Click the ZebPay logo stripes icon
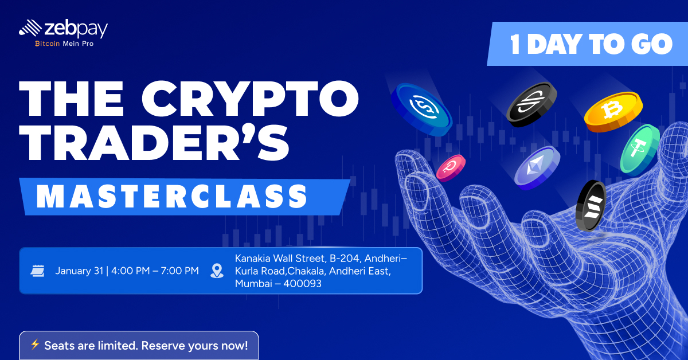click(30, 28)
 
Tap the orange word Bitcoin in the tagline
click(47, 44)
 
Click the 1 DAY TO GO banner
click(587, 44)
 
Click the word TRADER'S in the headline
click(154, 142)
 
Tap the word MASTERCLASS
click(171, 197)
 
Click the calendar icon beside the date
click(37, 271)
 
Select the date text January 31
click(79, 271)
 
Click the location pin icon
click(217, 271)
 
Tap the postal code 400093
click(303, 284)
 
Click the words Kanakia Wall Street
click(280, 259)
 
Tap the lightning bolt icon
click(35, 345)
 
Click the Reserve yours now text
click(194, 346)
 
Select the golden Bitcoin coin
click(613, 112)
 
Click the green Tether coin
click(640, 149)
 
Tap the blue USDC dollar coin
click(421, 109)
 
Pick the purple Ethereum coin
click(537, 167)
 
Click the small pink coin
click(451, 168)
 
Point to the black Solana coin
click(591, 205)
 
